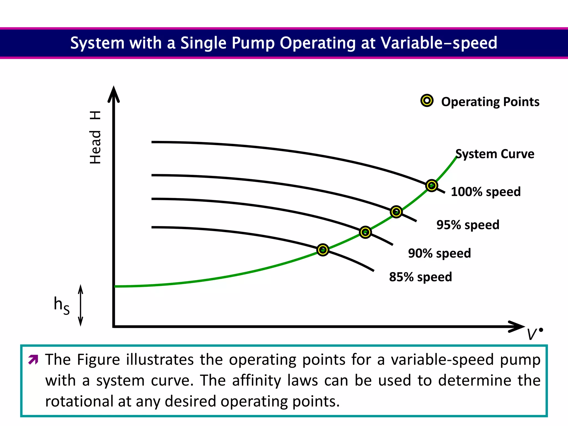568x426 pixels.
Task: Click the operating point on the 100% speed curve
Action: pos(432,185)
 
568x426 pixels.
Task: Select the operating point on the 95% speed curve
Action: pos(396,212)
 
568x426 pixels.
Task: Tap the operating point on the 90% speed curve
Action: pos(365,232)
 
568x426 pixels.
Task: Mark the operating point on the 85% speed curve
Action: pos(323,250)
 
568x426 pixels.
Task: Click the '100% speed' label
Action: pos(486,192)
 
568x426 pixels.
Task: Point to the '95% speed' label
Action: pos(468,225)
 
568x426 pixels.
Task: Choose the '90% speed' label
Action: pos(439,253)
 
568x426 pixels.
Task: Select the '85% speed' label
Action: pos(420,277)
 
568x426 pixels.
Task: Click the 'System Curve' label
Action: pos(495,154)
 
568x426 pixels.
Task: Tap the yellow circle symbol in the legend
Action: pos(427,101)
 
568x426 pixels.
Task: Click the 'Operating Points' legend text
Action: pos(490,102)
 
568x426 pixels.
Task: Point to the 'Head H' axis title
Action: pos(95,137)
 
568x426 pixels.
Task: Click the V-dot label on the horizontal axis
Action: pos(534,334)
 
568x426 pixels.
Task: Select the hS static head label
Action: pos(62,305)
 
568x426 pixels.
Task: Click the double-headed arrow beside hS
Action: pos(80,305)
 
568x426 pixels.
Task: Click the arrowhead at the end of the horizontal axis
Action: pos(516,326)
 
